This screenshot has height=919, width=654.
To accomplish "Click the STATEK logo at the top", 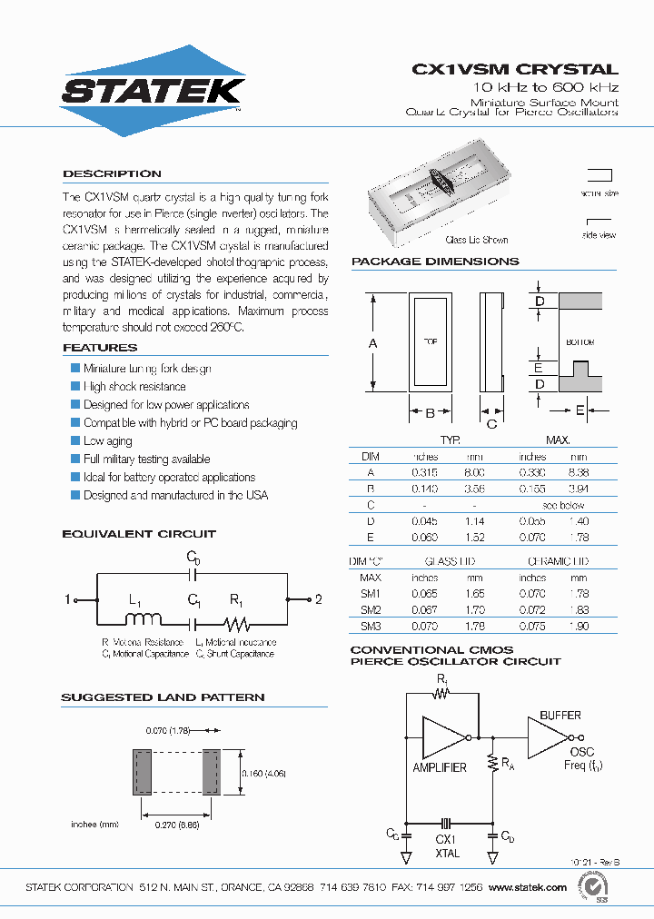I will (x=152, y=91).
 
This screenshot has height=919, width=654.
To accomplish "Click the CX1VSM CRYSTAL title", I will (x=515, y=69).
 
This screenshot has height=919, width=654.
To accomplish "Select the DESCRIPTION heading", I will (x=112, y=173).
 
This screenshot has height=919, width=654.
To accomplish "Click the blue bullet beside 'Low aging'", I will (x=75, y=440).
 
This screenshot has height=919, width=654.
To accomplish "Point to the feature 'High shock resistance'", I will (x=134, y=387).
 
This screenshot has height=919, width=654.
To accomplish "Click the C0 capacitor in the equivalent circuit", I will (x=193, y=574).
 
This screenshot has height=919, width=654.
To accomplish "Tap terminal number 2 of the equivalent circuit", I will (x=319, y=599).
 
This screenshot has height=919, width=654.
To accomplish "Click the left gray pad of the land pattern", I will (x=142, y=772).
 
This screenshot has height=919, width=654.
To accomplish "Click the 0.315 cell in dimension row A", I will (x=425, y=472).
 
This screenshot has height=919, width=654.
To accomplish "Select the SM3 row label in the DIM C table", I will (x=371, y=627).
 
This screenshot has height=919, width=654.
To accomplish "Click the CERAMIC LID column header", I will (x=558, y=562).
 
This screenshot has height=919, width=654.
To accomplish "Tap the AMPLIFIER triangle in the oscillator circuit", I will (x=442, y=736).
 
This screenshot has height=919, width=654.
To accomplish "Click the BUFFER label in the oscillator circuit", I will (x=560, y=716).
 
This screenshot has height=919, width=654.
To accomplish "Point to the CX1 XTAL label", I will (x=447, y=847).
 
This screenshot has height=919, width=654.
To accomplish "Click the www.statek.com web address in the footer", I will (x=528, y=887).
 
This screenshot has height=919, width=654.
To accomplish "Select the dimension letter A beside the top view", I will (x=372, y=343).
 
